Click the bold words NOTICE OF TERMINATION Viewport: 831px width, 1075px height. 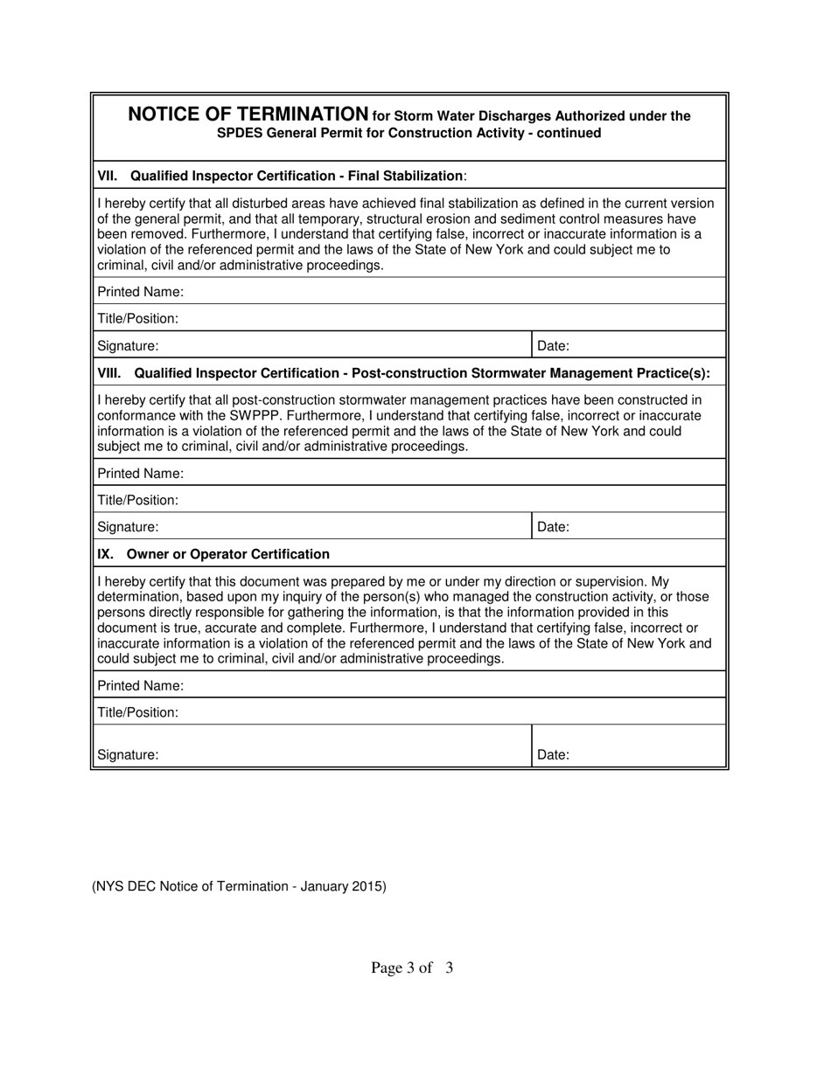pos(248,114)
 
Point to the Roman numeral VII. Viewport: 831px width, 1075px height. pos(107,176)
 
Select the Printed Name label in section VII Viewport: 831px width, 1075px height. pos(140,291)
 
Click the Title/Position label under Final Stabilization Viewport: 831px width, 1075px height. pos(137,319)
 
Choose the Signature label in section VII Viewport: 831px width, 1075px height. pos(128,346)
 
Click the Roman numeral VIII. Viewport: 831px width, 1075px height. pos(109,373)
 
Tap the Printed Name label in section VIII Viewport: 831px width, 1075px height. pos(140,474)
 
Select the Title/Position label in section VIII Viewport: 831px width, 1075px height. pos(137,501)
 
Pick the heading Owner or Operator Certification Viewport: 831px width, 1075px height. pos(228,554)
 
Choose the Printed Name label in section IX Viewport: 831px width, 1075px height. pos(140,685)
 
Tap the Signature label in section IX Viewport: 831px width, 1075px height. pos(128,754)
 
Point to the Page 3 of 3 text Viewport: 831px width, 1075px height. pos(412,967)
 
